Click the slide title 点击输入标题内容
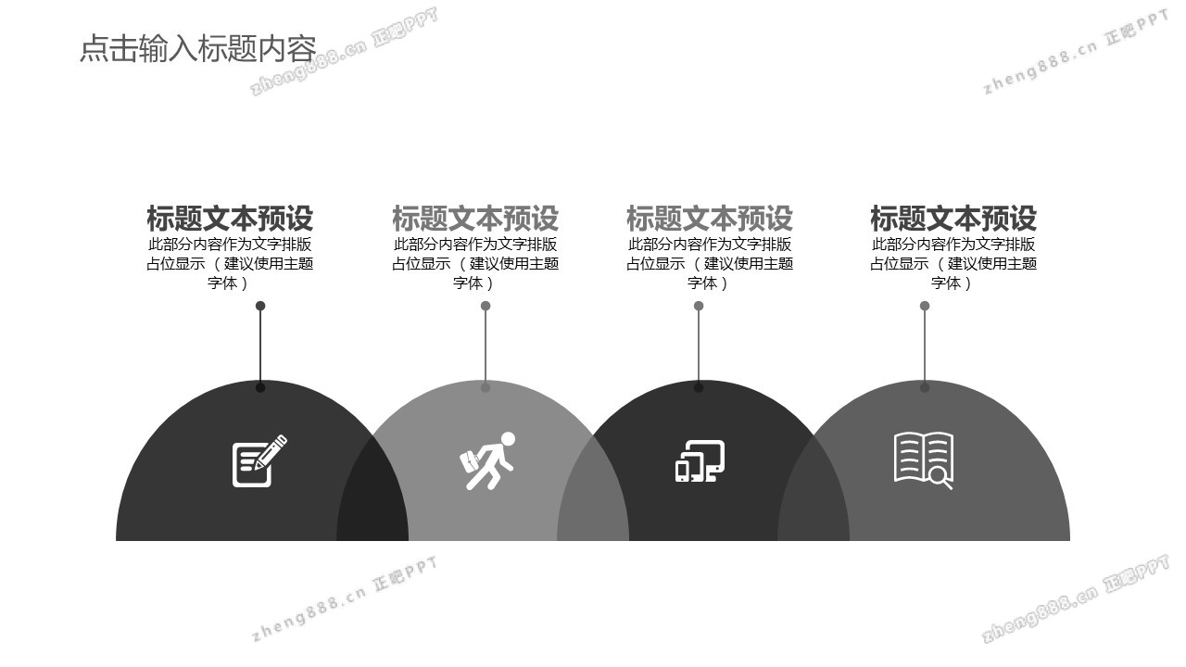[198, 49]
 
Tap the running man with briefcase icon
[487, 460]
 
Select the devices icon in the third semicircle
[700, 460]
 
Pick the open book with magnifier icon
[924, 460]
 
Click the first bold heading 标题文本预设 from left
[230, 218]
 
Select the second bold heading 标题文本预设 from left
[475, 218]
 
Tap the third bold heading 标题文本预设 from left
[710, 218]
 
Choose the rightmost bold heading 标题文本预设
[953, 218]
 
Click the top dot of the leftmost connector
[260, 306]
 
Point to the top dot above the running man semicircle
[486, 306]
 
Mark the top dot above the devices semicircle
[699, 306]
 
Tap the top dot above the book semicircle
[925, 306]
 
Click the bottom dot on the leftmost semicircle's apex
[260, 387]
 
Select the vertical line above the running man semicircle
[486, 346]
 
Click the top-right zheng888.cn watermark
[1076, 52]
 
